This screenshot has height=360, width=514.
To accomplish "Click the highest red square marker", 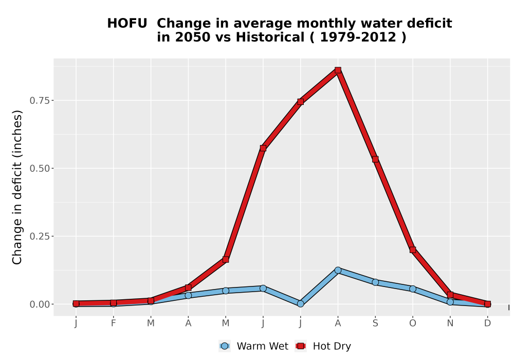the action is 338,70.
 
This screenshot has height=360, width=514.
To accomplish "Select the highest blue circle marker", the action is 338,270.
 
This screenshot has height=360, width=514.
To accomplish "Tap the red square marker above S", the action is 375,159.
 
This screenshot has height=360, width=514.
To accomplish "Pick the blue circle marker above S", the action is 375,282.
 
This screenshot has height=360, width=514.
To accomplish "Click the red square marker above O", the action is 413,250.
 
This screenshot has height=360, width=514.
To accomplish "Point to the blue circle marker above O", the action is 413,289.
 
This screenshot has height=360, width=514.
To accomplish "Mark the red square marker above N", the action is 450,295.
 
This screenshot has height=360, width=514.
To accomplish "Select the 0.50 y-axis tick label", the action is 40,169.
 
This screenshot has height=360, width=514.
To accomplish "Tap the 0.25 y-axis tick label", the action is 40,237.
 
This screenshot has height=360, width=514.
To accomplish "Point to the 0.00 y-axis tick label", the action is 40,304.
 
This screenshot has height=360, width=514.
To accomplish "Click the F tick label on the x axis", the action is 114,323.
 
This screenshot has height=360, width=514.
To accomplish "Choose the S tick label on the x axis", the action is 375,323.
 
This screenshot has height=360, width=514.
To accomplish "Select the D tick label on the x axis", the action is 487,323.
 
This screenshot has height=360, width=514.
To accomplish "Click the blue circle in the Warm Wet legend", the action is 225,346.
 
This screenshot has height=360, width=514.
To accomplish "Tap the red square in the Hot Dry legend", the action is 301,346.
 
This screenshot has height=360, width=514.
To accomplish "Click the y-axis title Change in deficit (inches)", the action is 17,187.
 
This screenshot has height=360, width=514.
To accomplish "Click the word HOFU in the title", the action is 127,23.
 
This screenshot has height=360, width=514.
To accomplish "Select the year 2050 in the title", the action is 192,37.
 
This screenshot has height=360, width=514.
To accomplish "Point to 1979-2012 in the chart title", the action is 358,37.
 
